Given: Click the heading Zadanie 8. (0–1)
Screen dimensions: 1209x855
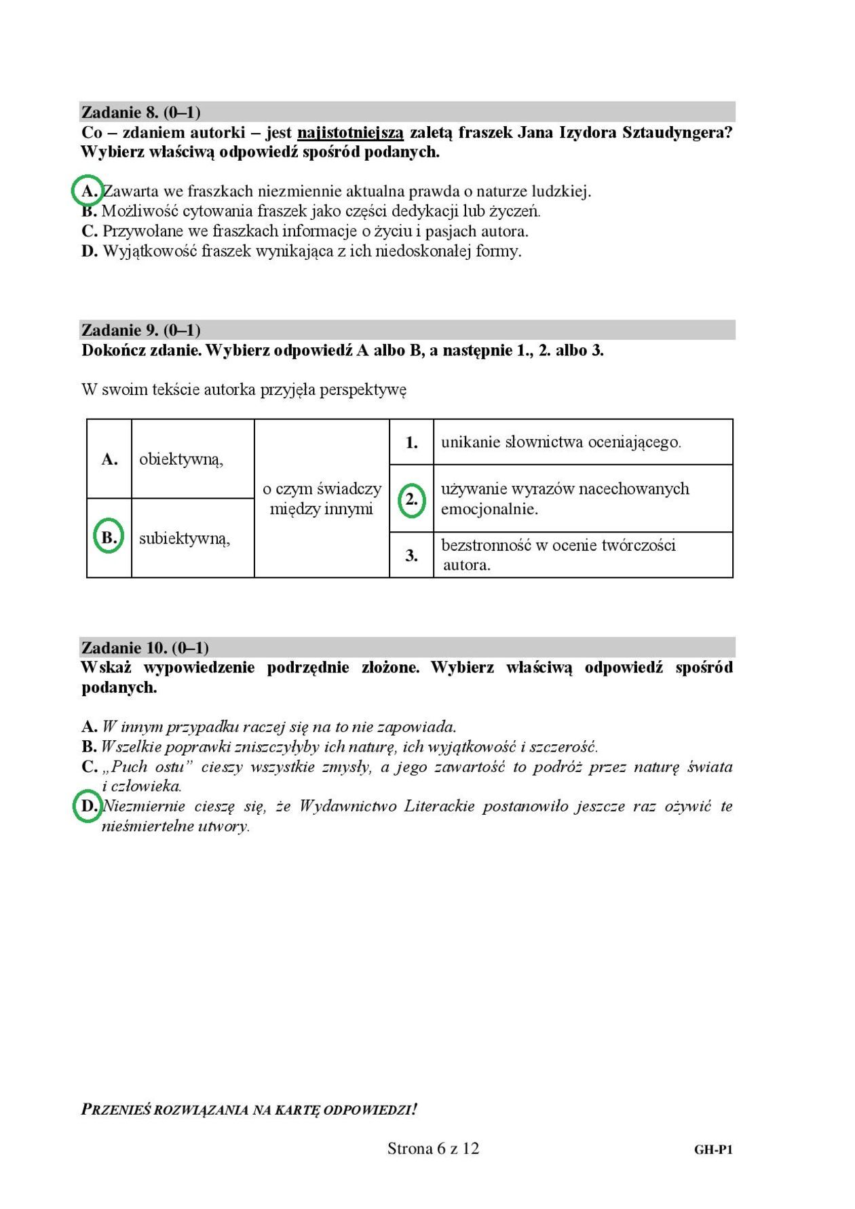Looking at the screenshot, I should click(140, 112).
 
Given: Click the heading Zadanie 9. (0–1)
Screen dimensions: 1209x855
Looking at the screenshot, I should click(140, 330).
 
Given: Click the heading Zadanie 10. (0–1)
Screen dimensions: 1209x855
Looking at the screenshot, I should click(145, 647).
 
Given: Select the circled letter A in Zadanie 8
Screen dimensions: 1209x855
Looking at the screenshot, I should click(88, 191).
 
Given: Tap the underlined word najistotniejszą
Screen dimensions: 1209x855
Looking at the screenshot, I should click(350, 132).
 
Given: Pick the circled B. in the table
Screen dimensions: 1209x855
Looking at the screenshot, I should click(108, 537).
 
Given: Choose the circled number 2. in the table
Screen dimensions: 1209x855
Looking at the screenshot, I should click(411, 500).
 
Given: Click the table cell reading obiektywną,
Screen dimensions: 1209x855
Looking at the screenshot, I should click(181, 459).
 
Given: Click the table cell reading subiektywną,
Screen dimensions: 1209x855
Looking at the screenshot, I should click(185, 539).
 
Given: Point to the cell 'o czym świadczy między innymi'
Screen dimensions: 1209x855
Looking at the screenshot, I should click(322, 499).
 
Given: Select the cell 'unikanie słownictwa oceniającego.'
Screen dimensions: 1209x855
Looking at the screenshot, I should click(560, 442).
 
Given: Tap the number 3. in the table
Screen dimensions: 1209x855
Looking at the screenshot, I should click(411, 556).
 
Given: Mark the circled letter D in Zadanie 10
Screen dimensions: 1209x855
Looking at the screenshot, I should click(88, 806).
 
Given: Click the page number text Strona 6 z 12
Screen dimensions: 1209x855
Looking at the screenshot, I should click(433, 1148).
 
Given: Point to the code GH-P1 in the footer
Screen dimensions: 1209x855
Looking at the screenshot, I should click(712, 1149).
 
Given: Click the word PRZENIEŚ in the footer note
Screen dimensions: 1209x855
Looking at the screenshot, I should click(116, 1110).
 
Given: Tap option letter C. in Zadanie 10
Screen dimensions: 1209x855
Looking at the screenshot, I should click(90, 767).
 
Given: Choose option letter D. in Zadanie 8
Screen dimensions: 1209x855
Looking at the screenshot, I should click(90, 251).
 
